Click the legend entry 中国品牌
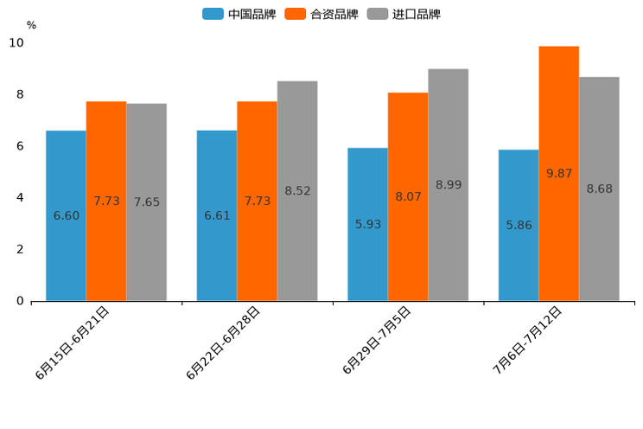tap(239, 14)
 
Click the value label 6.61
tap(217, 215)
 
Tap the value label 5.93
tap(368, 224)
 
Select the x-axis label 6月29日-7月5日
tap(377, 340)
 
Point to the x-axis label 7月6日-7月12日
tap(527, 339)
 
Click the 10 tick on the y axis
tap(16, 42)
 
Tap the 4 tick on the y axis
tap(20, 197)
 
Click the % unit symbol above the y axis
tap(31, 25)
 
